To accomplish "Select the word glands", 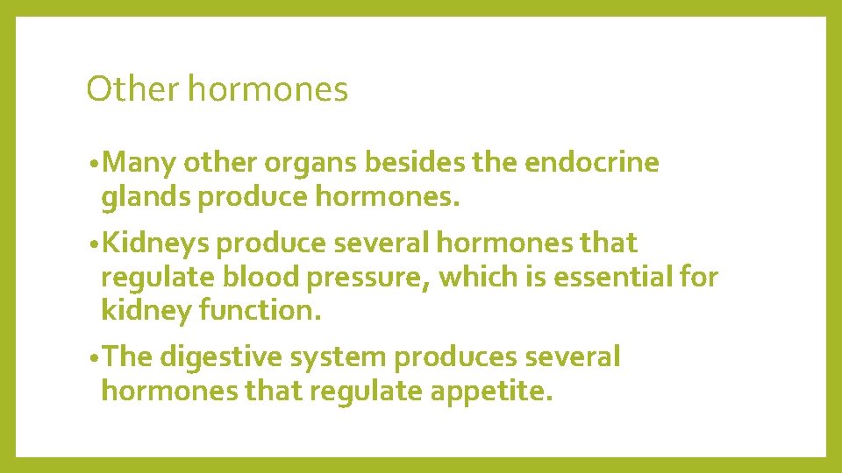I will [x=146, y=198].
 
